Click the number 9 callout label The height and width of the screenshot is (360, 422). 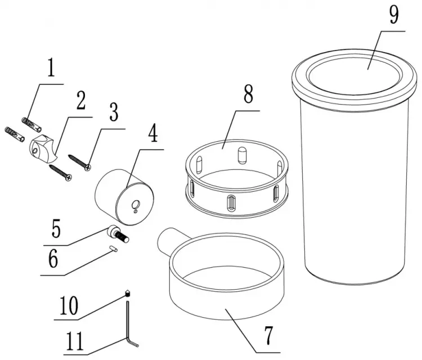tap(394, 15)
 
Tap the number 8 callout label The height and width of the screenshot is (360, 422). tap(248, 93)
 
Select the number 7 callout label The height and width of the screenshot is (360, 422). tap(268, 335)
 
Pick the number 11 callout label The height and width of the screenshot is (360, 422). tap(75, 341)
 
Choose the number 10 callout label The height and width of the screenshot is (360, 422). tap(69, 305)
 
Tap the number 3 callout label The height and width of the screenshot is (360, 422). tap(114, 112)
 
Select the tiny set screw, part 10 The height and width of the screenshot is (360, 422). tap(128, 293)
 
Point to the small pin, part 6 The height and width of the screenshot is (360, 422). tap(113, 249)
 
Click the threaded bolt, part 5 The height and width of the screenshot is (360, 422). tap(118, 234)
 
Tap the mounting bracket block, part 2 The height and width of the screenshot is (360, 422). tap(43, 148)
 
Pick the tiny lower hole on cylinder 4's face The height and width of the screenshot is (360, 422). tap(136, 211)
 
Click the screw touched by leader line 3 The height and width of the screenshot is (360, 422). tap(80, 163)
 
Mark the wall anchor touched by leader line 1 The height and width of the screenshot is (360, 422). tap(32, 124)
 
